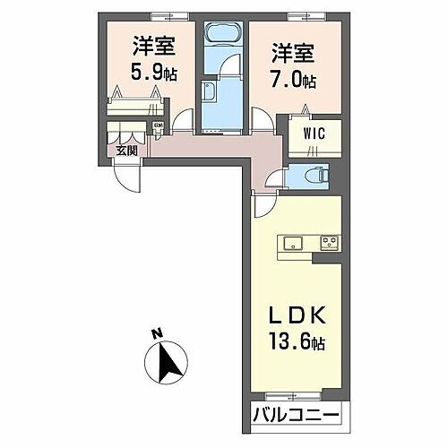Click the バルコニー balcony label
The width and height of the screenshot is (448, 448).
pyautogui.click(x=296, y=416)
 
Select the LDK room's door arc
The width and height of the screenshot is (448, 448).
pyautogui.click(x=263, y=206)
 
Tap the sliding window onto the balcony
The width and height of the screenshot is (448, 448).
pyautogui.click(x=290, y=395)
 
